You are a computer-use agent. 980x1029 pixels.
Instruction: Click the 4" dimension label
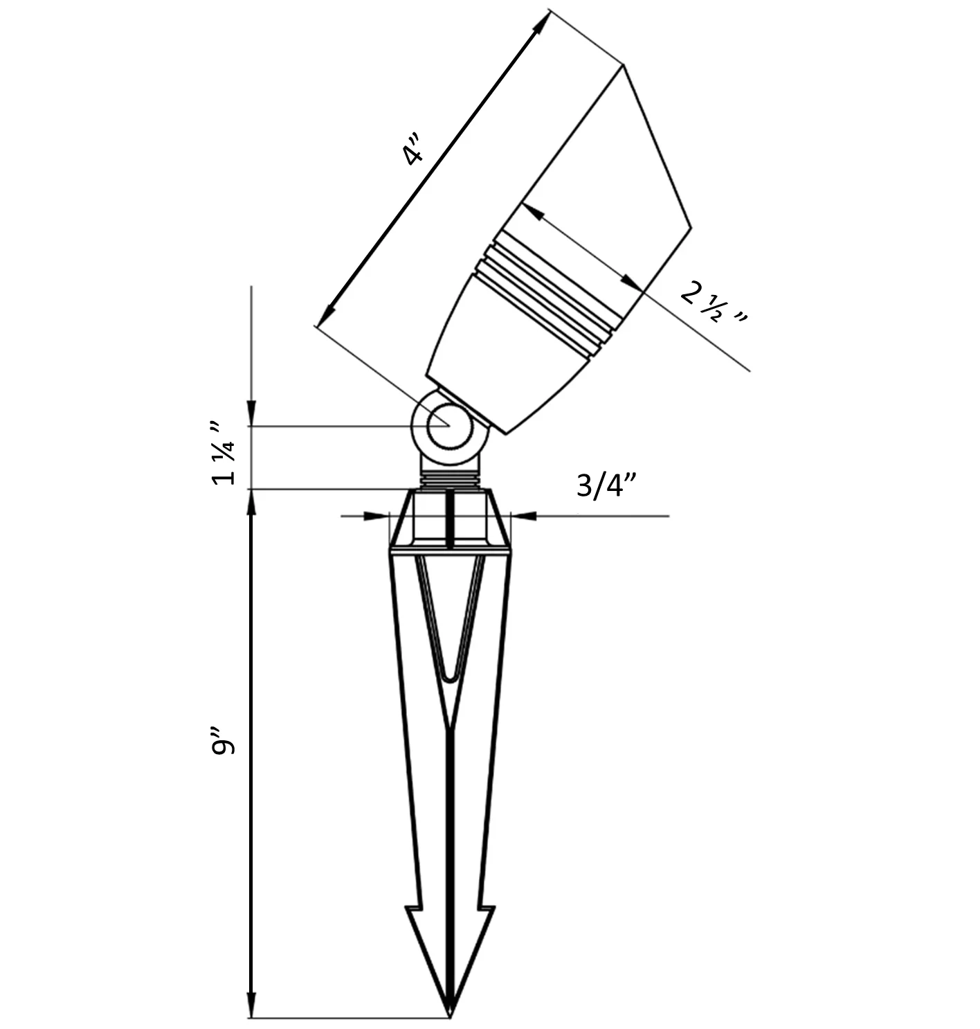point(412,149)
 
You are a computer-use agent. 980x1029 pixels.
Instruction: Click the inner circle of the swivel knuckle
point(450,427)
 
